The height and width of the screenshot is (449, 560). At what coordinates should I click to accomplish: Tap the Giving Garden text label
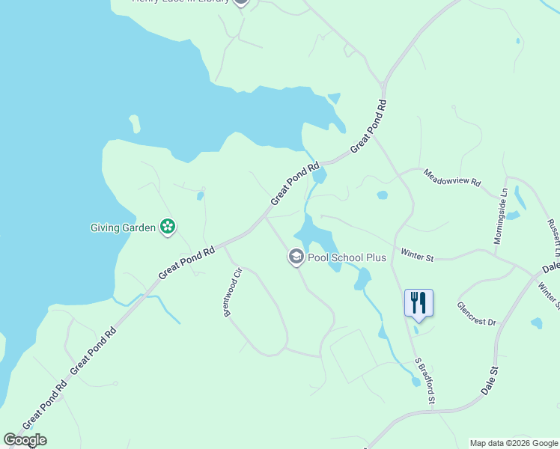coord(123,227)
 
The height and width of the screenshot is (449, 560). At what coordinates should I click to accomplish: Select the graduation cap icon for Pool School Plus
coord(296,257)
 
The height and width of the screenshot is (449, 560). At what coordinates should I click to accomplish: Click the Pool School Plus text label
coord(347,257)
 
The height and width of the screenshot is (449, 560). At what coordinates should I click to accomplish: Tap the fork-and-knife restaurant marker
coord(419,303)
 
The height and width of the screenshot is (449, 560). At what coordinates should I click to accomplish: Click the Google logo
coord(25,440)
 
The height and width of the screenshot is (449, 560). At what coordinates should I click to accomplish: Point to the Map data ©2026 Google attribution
coord(514,443)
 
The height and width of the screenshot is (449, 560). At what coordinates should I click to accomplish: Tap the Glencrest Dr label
coord(476,312)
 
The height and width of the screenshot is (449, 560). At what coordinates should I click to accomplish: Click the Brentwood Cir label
coord(231,292)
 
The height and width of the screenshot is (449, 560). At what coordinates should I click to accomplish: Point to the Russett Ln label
coord(554,233)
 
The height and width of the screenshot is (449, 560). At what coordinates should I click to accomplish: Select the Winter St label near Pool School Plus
coord(417,257)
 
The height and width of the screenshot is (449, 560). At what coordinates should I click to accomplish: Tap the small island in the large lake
coord(134,123)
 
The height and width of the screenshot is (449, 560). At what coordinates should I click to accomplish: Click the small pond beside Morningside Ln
coord(513,216)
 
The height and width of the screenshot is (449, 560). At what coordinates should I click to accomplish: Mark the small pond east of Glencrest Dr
coord(536,323)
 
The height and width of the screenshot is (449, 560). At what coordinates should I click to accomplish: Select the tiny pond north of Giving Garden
coord(200,196)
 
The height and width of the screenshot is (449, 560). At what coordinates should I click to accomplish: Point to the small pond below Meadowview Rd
coord(382,195)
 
